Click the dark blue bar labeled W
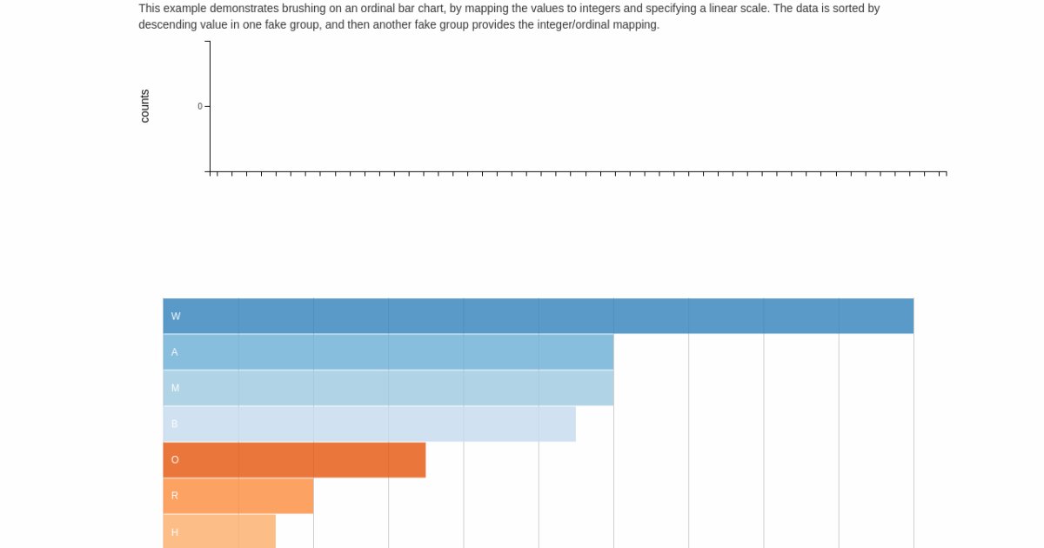pyautogui.click(x=538, y=316)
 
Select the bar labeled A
pyautogui.click(x=388, y=352)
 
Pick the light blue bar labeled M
pyautogui.click(x=388, y=388)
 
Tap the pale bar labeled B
pyautogui.click(x=369, y=424)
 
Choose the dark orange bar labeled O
pyautogui.click(x=294, y=460)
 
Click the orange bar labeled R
pyautogui.click(x=238, y=496)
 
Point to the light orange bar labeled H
pyautogui.click(x=219, y=531)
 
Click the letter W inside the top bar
pyautogui.click(x=176, y=317)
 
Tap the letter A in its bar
pyautogui.click(x=175, y=352)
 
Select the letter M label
pyautogui.click(x=175, y=388)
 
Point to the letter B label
pyautogui.click(x=174, y=424)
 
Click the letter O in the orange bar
pyautogui.click(x=175, y=460)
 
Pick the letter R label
pyautogui.click(x=175, y=496)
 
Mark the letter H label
pyautogui.click(x=175, y=532)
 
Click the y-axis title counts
pyautogui.click(x=144, y=106)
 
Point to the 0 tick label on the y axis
pyautogui.click(x=199, y=106)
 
